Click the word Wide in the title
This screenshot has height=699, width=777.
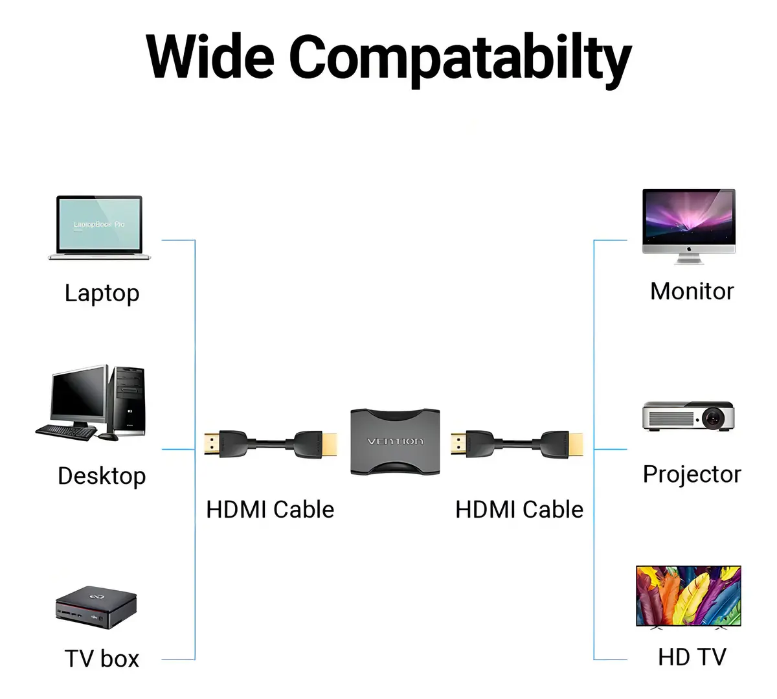click(210, 57)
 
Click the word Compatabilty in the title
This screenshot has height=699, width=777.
click(460, 60)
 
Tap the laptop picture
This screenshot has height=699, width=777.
click(100, 227)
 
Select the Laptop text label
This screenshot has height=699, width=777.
click(102, 293)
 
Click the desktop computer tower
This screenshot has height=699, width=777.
click(128, 400)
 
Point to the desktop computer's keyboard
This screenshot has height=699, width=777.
click(67, 432)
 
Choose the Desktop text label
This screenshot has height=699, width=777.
click(102, 476)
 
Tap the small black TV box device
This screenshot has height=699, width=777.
click(96, 608)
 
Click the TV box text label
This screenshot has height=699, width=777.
click(102, 659)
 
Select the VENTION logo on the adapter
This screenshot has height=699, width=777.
click(395, 442)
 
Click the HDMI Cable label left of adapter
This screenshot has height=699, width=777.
click(270, 509)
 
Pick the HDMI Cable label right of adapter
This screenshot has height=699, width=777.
click(519, 509)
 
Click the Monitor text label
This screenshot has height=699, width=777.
click(692, 291)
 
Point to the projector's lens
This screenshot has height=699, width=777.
click(713, 418)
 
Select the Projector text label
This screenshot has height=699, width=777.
click(692, 474)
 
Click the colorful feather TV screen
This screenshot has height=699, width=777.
click(688, 596)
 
